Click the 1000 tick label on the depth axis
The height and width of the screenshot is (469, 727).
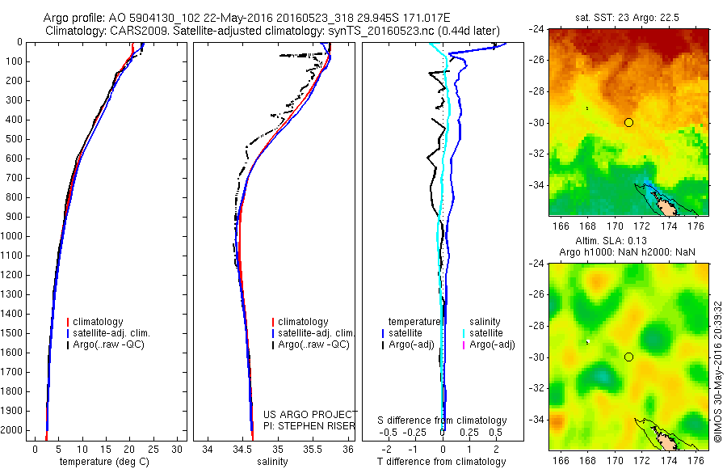13,236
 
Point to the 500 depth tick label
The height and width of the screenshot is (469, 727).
15,139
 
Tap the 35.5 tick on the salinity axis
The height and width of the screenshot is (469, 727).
313,449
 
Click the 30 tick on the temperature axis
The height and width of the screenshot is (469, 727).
177,449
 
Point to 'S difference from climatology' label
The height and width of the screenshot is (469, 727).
442,420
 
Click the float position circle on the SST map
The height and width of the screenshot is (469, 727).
628,122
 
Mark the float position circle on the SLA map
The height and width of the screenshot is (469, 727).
628,357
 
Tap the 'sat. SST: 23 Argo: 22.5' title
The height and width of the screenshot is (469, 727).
628,16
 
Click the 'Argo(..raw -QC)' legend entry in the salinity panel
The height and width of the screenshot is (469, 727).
313,344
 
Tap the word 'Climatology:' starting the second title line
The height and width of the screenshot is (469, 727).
74,32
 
